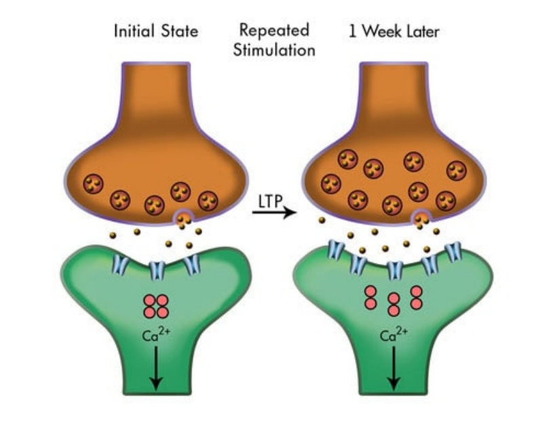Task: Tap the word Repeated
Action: tap(274, 31)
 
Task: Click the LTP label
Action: tap(271, 202)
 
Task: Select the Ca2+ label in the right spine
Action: tap(393, 335)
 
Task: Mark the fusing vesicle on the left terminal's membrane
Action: tap(183, 219)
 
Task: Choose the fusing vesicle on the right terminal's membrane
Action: tap(421, 219)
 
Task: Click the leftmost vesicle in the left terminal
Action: tap(93, 183)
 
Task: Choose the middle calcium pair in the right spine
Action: tap(393, 303)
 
